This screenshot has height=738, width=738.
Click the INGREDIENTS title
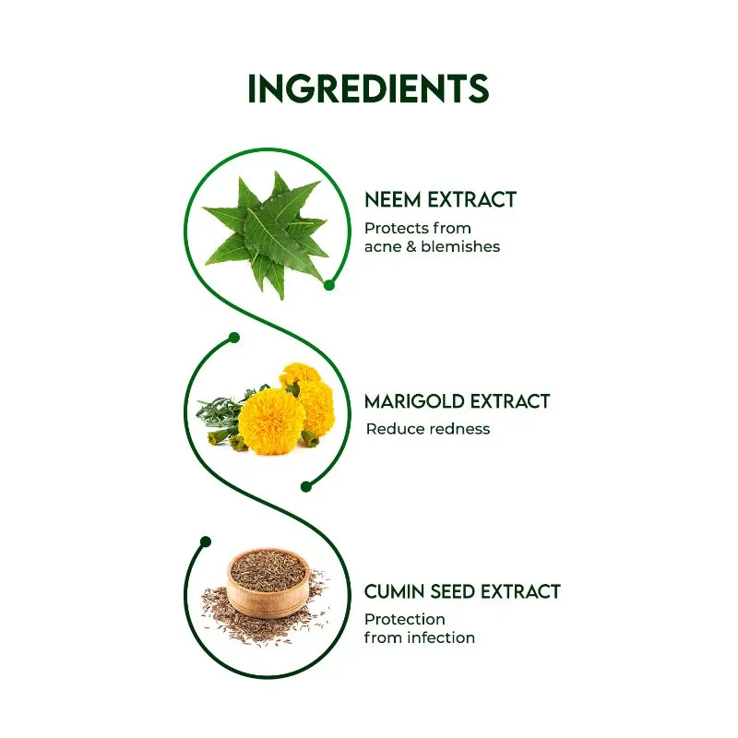click(368, 88)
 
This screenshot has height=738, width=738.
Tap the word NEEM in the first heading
click(393, 199)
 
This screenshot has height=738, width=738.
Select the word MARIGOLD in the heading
click(414, 401)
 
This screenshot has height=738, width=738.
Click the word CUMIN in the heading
click(397, 591)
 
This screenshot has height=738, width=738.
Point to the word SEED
click(455, 591)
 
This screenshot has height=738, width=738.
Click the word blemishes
click(460, 246)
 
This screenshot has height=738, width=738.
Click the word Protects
click(397, 228)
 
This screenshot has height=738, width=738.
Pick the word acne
click(383, 246)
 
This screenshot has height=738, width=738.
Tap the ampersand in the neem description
click(411, 246)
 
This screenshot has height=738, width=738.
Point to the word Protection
click(405, 619)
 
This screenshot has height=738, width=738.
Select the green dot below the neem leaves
click(329, 285)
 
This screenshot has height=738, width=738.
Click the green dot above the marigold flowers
click(234, 338)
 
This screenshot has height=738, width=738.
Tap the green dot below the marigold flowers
click(306, 487)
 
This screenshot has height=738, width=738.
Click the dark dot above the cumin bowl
click(205, 542)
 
